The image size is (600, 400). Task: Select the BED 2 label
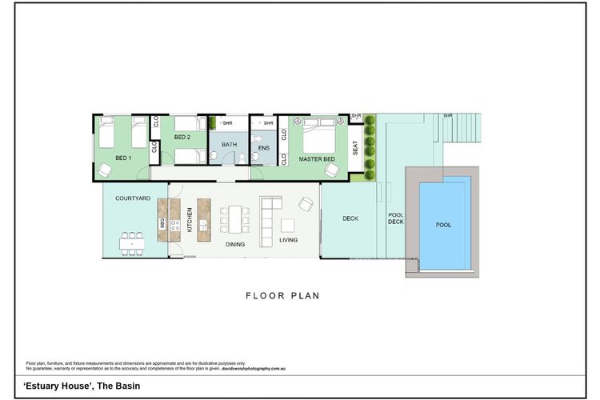coord(182,137)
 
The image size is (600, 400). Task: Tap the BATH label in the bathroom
coord(230,145)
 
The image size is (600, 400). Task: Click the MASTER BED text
coord(316,159)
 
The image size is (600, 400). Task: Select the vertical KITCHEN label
coord(190,220)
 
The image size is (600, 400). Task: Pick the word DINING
coord(235,245)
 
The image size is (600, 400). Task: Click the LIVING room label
coord(289,240)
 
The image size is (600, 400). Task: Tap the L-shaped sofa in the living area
coord(267,212)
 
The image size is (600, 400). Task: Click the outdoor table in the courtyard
coord(133,241)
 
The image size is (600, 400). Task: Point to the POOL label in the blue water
coord(443,225)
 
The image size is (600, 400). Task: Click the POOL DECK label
coord(396,218)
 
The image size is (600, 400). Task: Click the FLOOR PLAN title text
coord(282,295)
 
